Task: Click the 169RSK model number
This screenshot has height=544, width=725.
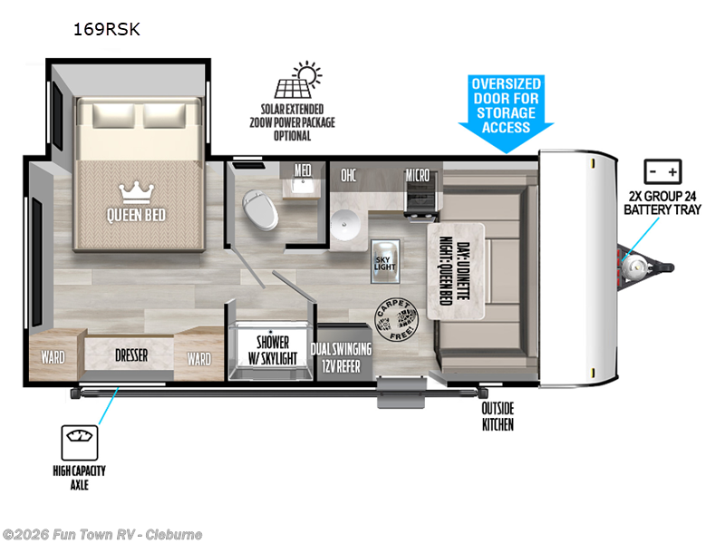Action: coord(107,29)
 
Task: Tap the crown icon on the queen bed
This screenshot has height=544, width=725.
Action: coord(136,192)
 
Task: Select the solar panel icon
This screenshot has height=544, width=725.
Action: coord(298,80)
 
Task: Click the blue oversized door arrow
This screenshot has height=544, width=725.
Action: coord(506,114)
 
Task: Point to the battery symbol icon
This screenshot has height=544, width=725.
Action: coord(662,171)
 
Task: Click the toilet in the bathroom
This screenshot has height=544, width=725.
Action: coord(260,209)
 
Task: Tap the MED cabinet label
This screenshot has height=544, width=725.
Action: coord(303,170)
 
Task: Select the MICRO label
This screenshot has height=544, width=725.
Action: coord(418,175)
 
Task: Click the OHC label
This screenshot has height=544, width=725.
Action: coord(349,175)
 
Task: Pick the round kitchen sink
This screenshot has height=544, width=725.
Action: coord(345,224)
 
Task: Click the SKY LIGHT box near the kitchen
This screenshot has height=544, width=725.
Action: coord(385,261)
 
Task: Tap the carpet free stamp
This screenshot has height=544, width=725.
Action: coord(396,320)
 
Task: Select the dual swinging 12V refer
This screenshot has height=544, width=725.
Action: coord(342,356)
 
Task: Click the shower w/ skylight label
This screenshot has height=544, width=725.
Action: coord(273,350)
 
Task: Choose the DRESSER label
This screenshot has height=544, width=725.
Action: coord(131,355)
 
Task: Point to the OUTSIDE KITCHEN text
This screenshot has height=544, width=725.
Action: coord(498,416)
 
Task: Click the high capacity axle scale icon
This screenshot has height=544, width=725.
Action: coord(80,442)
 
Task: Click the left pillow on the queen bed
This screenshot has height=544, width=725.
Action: coord(114,116)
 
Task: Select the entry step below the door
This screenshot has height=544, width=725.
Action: coord(401,393)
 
